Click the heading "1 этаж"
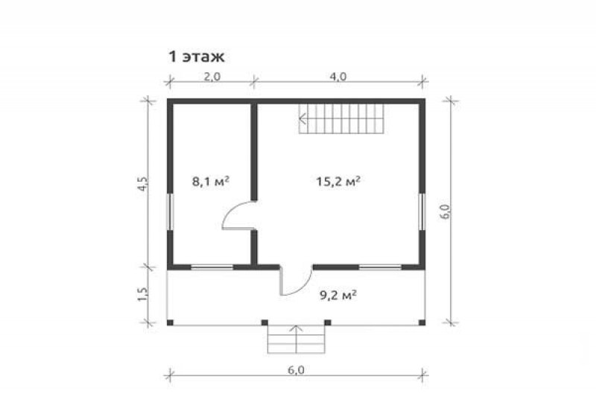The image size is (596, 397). coord(197,57)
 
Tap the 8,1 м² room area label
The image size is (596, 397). coord(211,181)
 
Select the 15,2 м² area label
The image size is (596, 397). coord(338,181)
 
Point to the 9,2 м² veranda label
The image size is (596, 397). coord(338,295)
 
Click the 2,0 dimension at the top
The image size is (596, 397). coord(212,77)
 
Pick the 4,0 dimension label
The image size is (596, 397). coord(338,77)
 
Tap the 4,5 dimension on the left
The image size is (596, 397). coord(142,184)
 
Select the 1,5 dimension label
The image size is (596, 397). coord(142,294)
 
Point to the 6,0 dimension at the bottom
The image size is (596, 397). coord(296,370)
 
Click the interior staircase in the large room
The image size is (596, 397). coord(341,118)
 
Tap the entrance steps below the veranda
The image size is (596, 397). coord(296,339)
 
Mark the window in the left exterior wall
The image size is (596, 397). coord(171,212)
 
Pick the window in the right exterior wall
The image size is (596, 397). coord(422,212)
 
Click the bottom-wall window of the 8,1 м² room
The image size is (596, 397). coord(212,267)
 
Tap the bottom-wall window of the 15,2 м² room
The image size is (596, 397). coord(380,267)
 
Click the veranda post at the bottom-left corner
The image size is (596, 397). coord(171,323)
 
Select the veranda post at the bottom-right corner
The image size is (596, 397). coord(422,323)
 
